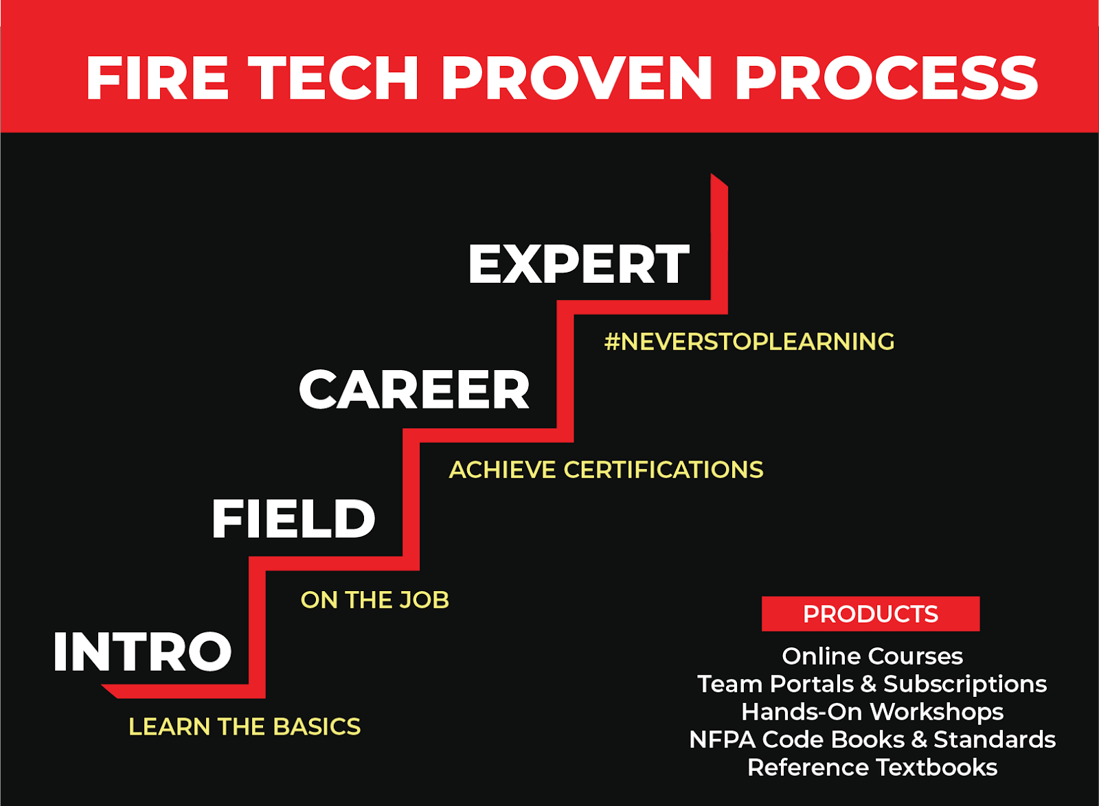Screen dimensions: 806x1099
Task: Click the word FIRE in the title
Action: coord(157,78)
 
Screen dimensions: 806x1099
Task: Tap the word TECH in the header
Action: coord(333,78)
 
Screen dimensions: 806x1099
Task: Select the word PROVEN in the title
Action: coord(577,78)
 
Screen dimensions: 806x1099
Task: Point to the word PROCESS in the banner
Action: coord(886,78)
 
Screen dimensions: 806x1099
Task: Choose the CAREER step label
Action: coord(414,390)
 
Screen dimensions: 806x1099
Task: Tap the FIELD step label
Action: coord(293,519)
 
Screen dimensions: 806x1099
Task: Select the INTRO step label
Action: coord(143,652)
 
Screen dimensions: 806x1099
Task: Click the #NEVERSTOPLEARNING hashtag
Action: coord(749,341)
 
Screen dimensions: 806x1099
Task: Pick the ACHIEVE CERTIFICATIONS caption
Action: coord(606,470)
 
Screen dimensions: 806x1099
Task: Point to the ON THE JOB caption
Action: coord(375,600)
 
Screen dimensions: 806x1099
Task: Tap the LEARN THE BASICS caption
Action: coord(245,726)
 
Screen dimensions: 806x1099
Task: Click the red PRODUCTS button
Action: coord(870,614)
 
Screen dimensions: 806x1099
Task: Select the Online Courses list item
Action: coord(872,656)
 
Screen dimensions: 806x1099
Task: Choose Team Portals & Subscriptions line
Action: coord(872,684)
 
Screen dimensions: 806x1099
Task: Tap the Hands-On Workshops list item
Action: coord(872,712)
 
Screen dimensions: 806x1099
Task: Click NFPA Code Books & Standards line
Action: coord(872,739)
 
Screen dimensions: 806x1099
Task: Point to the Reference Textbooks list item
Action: coord(872,768)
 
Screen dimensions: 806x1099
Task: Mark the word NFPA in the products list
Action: coord(722,739)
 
